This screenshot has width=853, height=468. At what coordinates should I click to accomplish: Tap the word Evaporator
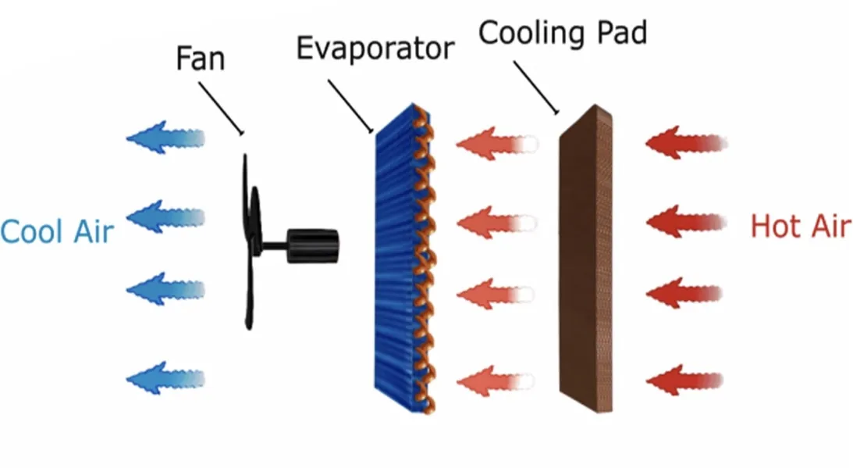(x=375, y=48)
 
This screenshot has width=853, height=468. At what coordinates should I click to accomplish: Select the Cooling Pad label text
(x=562, y=33)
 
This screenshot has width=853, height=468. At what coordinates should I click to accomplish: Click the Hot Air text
(x=800, y=227)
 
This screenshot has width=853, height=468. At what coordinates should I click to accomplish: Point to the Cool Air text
(x=56, y=232)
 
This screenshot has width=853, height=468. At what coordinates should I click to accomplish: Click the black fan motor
(x=312, y=246)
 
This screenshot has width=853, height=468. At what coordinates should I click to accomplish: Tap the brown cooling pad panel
(x=585, y=258)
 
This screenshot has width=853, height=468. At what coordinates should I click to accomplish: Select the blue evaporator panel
(x=398, y=258)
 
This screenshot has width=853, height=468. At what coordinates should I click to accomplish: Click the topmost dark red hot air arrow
(x=683, y=144)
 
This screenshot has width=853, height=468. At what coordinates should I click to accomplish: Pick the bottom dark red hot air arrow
(x=683, y=380)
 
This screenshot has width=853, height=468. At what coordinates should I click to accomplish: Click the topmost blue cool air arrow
(x=164, y=138)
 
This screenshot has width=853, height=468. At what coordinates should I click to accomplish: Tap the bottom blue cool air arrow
(x=164, y=378)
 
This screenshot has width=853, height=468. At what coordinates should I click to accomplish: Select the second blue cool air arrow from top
(x=164, y=216)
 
